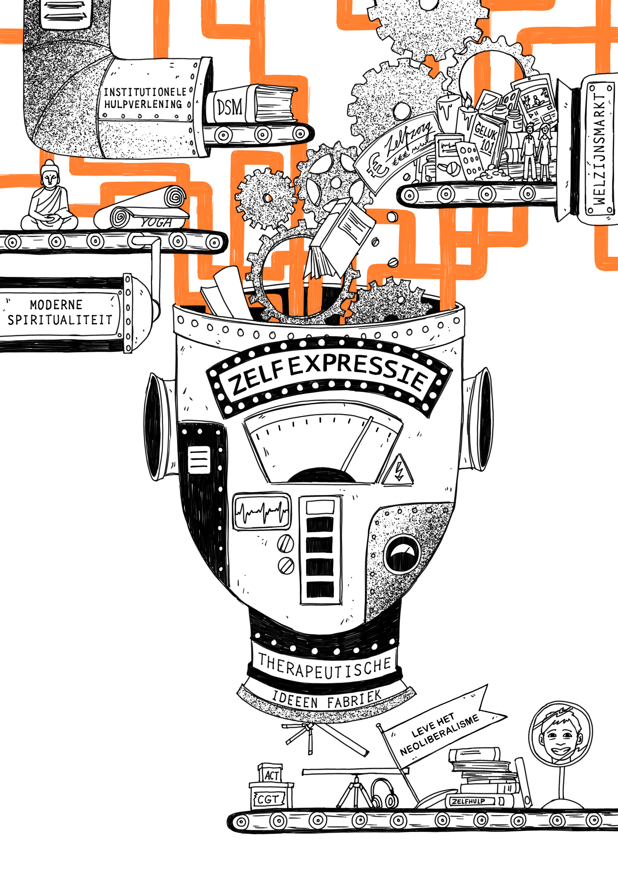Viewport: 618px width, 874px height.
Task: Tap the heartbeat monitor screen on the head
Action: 262,512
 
